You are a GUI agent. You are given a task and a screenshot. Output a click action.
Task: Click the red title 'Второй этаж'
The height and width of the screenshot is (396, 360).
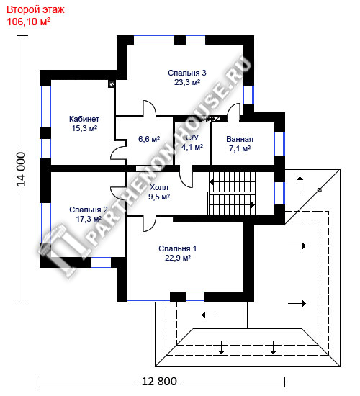(x=35, y=10)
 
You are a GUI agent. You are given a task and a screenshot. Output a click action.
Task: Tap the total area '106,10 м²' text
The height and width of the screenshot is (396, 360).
(x=28, y=22)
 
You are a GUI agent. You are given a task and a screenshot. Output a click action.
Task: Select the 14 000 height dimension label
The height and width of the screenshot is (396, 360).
(x=21, y=169)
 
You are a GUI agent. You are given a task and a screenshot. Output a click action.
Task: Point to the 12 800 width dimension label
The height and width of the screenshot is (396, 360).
(x=159, y=381)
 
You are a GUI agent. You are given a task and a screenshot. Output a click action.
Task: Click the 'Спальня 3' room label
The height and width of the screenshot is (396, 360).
(x=187, y=73)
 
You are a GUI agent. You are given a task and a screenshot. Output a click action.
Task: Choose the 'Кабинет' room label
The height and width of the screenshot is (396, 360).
(x=84, y=119)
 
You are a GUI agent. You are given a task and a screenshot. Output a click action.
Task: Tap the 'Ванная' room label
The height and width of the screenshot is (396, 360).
(x=240, y=139)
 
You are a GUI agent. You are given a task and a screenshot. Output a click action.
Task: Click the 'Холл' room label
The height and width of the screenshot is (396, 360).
(x=159, y=187)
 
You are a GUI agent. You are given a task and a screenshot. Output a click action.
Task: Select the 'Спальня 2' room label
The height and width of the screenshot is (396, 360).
(x=89, y=210)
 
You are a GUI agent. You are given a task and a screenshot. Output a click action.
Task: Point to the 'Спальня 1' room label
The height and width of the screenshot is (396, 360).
(x=177, y=248)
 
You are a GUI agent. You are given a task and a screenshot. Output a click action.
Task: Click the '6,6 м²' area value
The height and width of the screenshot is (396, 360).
(x=149, y=139)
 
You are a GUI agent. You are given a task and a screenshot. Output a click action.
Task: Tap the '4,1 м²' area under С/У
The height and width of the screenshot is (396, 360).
(x=192, y=147)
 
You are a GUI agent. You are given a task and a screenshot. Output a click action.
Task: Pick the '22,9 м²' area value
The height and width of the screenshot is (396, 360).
(x=178, y=258)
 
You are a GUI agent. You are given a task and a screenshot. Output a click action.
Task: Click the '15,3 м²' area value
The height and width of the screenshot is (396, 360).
(x=84, y=128)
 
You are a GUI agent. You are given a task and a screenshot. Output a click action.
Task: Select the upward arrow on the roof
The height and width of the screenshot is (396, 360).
(x=300, y=185)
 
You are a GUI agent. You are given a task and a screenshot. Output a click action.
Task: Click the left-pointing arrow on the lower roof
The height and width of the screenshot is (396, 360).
(x=210, y=315)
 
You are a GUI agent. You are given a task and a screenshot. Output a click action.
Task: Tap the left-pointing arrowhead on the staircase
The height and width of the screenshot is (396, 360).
(x=212, y=181)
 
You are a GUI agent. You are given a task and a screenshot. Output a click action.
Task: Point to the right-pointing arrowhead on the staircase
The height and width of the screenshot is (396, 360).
(x=253, y=204)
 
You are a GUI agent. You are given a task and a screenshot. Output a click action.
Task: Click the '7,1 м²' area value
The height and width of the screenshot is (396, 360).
(x=240, y=148)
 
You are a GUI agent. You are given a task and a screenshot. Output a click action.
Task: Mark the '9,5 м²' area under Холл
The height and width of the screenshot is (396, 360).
(x=159, y=197)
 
